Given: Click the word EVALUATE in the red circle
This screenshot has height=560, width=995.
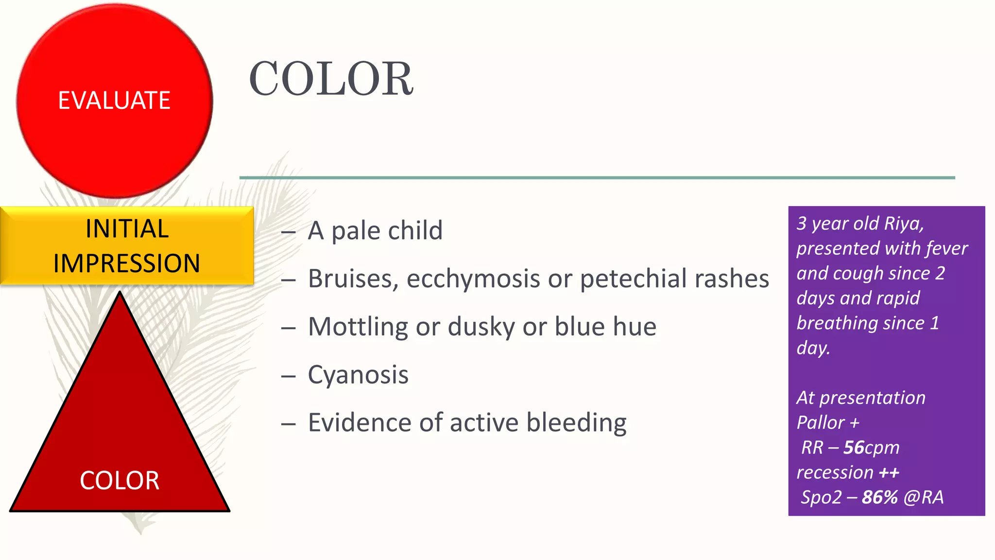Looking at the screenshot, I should click(x=114, y=101).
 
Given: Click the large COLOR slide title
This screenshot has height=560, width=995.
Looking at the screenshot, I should click(x=331, y=79).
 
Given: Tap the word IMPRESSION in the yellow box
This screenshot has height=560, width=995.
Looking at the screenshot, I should click(x=127, y=263).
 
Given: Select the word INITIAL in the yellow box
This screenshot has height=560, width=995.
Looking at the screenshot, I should click(x=127, y=229).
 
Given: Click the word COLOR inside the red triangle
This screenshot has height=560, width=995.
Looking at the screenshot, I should click(x=120, y=480).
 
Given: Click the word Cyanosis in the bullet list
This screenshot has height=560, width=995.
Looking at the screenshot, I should click(x=358, y=375).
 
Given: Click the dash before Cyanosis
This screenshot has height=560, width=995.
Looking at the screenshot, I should click(x=288, y=376).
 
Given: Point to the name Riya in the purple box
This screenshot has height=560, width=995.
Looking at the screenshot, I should click(x=903, y=223).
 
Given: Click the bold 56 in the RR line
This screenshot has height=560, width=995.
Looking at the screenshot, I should click(x=854, y=447).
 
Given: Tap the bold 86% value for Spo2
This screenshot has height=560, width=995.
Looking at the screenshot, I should click(x=879, y=497).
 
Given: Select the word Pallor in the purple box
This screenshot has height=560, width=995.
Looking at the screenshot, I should click(x=821, y=422).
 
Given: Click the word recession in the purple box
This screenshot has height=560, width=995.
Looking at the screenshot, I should click(x=835, y=472).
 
